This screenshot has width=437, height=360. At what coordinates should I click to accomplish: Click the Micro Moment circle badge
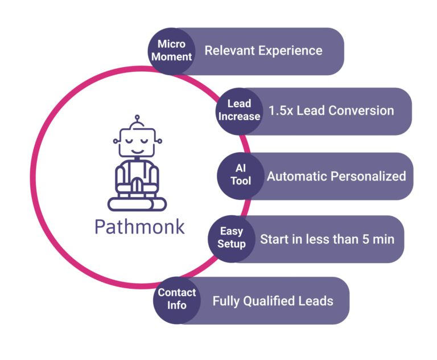pyautogui.click(x=172, y=51)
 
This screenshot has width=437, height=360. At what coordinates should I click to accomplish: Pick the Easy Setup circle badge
pyautogui.click(x=232, y=238)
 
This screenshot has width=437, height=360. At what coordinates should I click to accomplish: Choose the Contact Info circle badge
pyautogui.click(x=177, y=298)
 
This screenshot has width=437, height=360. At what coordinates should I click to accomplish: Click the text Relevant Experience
pyautogui.click(x=263, y=51)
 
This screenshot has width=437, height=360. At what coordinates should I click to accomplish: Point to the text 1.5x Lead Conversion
pyautogui.click(x=331, y=110)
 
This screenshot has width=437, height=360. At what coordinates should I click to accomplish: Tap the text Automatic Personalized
pyautogui.click(x=336, y=175)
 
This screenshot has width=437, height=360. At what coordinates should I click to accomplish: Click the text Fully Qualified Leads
pyautogui.click(x=273, y=300)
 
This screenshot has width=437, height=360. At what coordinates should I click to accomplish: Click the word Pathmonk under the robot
pyautogui.click(x=139, y=226)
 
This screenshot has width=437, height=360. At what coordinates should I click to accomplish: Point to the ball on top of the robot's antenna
pyautogui.click(x=137, y=119)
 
